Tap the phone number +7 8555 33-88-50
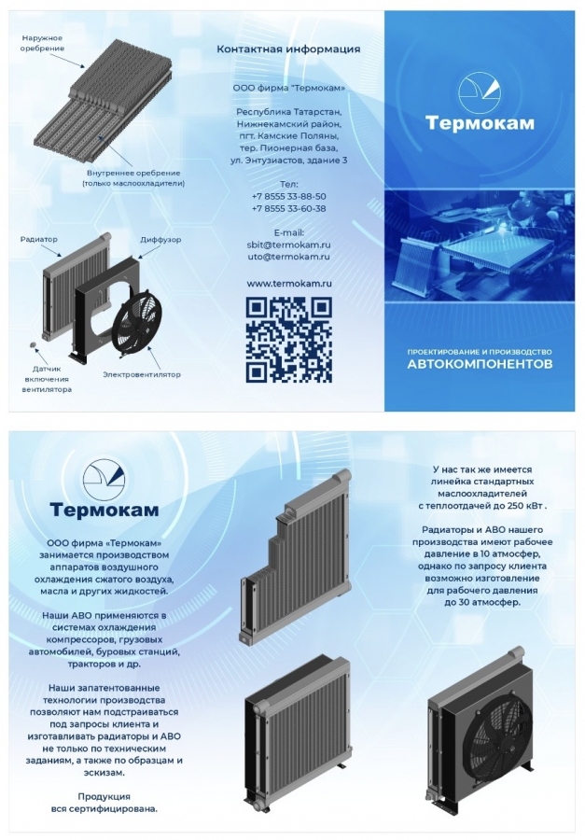point(288,197)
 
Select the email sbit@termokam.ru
point(288,245)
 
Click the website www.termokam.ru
point(288,283)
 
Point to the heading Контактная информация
point(288,49)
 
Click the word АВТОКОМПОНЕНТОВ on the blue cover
point(480,365)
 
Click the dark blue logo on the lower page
point(104,480)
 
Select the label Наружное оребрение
point(42,43)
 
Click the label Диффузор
point(160,240)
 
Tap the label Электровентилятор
point(142,374)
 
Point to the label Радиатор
point(38,240)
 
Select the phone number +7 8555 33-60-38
point(288,209)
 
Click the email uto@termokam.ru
point(288,257)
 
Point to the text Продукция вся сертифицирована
point(104,803)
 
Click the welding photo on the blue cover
point(480,247)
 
